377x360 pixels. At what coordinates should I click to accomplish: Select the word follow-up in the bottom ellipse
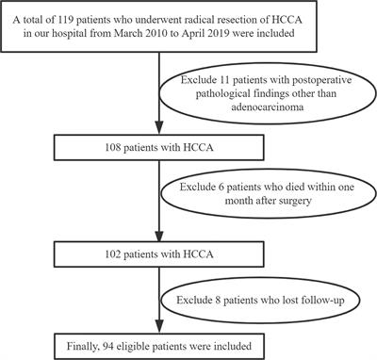coord(309,302)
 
